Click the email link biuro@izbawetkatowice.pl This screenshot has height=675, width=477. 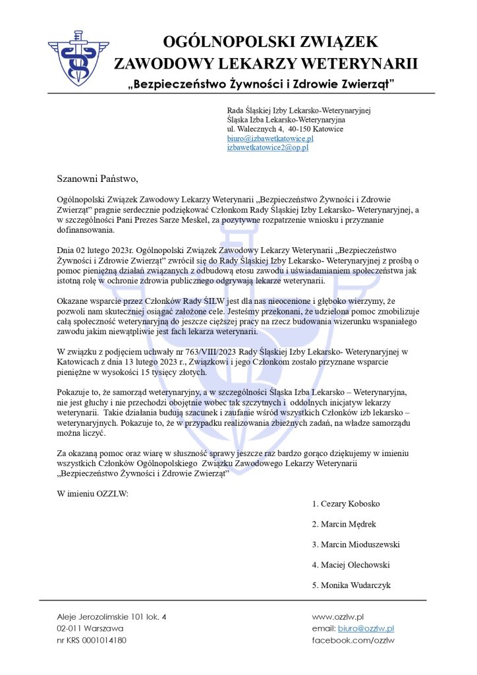[270, 139]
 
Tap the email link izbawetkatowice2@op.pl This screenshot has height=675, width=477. [267, 148]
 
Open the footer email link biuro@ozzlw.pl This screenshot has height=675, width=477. [366, 629]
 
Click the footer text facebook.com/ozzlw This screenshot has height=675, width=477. [353, 641]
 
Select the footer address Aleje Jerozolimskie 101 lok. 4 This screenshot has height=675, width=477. [112, 616]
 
